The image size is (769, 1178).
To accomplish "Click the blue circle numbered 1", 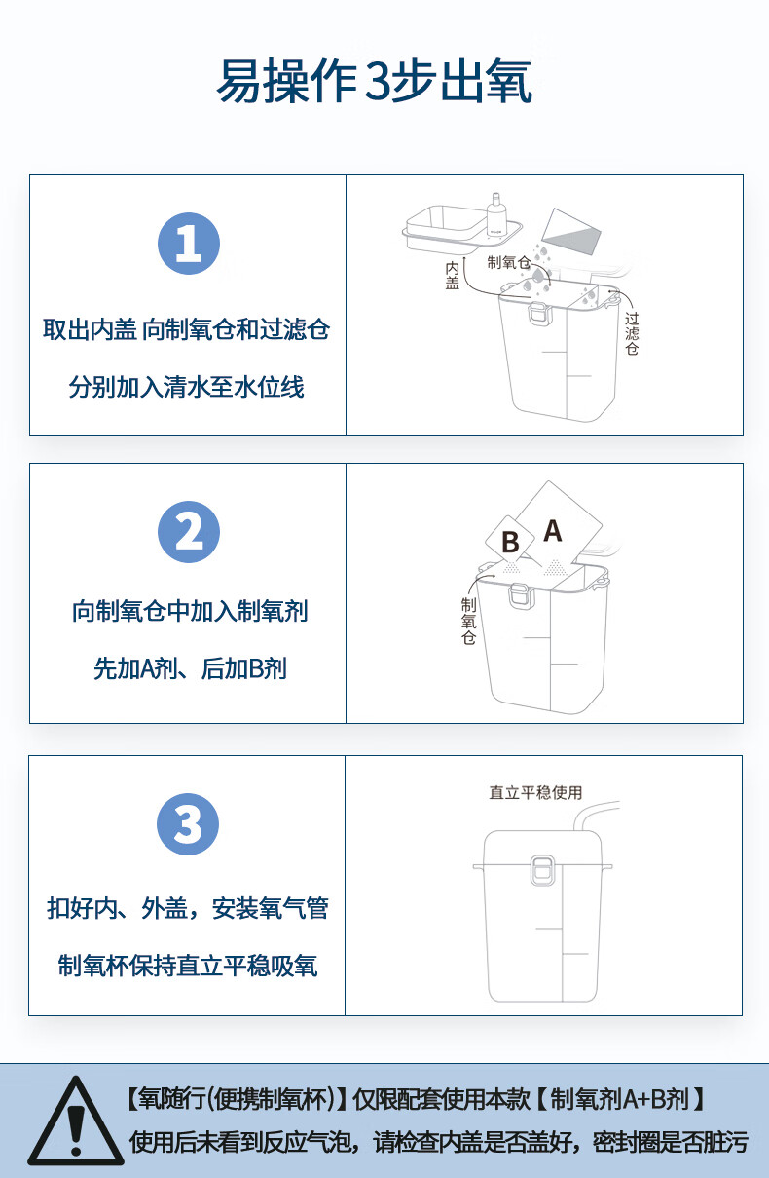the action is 189,244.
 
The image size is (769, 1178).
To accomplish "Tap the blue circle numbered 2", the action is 189,532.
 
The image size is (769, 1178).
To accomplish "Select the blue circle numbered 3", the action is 188,824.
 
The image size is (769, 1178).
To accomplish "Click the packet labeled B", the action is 509,541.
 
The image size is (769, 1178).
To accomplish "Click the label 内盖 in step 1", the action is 452,276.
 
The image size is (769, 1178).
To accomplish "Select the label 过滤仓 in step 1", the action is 632,333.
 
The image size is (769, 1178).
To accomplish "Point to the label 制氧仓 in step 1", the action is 508,262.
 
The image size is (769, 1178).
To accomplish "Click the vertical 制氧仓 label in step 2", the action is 468,621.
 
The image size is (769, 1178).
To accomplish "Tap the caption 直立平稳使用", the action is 535,792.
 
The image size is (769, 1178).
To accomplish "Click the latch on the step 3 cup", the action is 542,870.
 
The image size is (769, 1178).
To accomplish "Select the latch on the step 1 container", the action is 540,312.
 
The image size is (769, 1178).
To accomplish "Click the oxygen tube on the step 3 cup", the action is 593,815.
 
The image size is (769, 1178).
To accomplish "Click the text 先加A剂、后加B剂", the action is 190,669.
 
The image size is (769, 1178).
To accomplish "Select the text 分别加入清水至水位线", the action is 187,387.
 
